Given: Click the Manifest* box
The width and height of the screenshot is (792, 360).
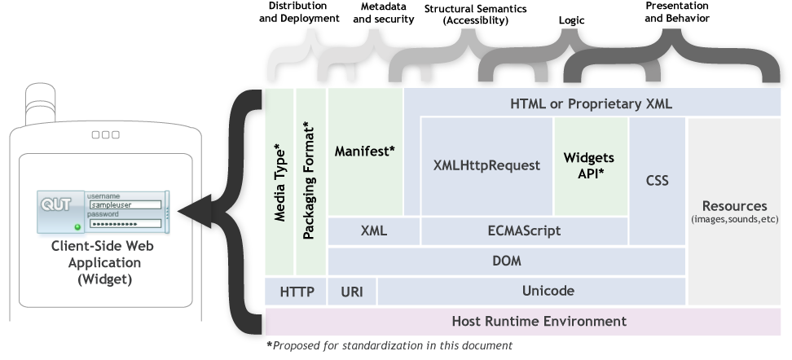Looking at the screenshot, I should point(364,151).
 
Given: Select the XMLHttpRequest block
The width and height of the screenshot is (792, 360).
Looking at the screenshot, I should point(486,165).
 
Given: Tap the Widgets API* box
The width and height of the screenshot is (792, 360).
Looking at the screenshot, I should point(590,165).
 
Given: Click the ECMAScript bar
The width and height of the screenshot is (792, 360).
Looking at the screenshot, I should point(524,230).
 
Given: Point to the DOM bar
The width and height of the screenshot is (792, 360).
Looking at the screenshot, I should point(506,261).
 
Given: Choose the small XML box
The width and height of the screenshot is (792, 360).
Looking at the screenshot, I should point(373,230).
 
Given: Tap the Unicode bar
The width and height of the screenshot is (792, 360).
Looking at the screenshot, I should point(548,291).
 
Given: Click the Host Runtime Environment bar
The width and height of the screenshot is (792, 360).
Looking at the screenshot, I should point(527,320).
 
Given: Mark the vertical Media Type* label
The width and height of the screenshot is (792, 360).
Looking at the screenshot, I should point(279,182).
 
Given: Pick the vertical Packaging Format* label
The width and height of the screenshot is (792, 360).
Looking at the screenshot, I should point(310,181).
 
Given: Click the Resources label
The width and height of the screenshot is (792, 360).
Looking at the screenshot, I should point(734,206).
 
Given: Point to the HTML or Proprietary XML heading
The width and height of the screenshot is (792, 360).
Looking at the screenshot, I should point(590,103).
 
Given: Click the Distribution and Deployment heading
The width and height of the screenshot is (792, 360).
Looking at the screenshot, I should point(298,12).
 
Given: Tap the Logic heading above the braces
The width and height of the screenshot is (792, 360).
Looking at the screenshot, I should point(571,20).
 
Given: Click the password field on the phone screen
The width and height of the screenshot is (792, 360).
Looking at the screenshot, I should point(125,223).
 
